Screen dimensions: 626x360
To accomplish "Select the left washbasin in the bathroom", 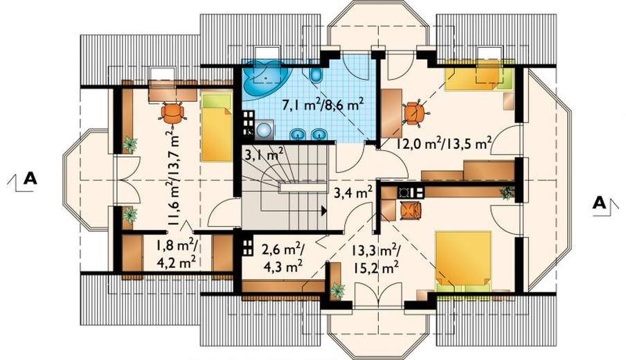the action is [297, 135].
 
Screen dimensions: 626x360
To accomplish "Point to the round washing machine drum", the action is [264, 129].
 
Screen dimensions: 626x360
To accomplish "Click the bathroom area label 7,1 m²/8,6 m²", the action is [323, 105].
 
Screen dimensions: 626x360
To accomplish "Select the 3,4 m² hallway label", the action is [353, 193].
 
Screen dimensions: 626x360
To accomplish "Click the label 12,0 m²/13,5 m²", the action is [443, 143].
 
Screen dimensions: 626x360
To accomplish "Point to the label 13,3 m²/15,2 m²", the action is [375, 259].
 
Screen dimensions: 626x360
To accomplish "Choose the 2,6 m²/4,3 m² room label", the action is [283, 258].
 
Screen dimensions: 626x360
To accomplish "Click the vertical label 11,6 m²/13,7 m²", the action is [174, 178].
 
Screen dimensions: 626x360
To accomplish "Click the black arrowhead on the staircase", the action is [323, 210].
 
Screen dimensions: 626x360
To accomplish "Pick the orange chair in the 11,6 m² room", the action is [172, 114].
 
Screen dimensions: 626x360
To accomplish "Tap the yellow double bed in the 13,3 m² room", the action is [463, 260].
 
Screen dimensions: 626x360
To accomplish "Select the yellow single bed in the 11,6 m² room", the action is [217, 127].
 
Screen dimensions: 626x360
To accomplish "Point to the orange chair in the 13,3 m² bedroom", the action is [411, 210].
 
